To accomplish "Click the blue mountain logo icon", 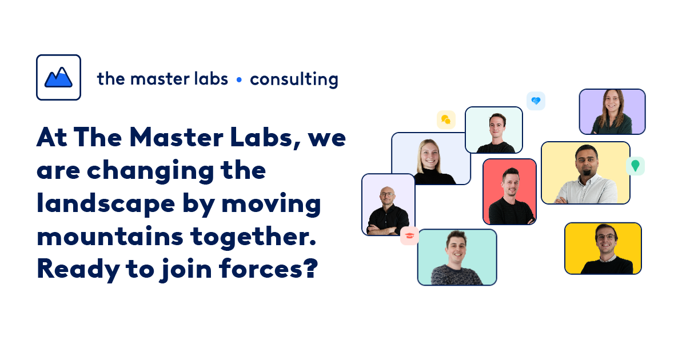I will (x=58, y=77).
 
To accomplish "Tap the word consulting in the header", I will (x=294, y=79).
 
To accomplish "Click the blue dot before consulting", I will (x=239, y=79).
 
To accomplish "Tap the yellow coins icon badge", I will (x=446, y=119).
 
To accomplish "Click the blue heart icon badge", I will (x=536, y=101).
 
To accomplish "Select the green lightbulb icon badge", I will (x=635, y=166).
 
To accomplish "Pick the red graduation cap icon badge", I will (x=409, y=235).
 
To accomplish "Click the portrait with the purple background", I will (x=612, y=111).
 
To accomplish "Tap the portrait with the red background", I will (x=509, y=191).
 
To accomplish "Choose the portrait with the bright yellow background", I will (x=603, y=249).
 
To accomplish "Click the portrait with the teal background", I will (x=457, y=257).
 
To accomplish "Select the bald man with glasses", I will (x=388, y=205).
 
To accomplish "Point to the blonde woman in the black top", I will (x=430, y=159).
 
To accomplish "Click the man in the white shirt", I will (x=585, y=173).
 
